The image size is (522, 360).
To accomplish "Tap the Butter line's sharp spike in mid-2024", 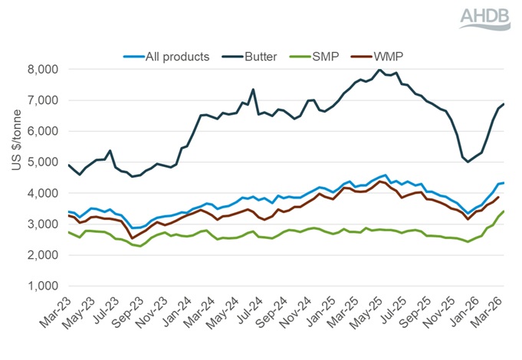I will (253, 90).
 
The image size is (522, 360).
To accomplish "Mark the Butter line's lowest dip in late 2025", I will (468, 162).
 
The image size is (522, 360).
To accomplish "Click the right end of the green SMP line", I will (503, 211).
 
